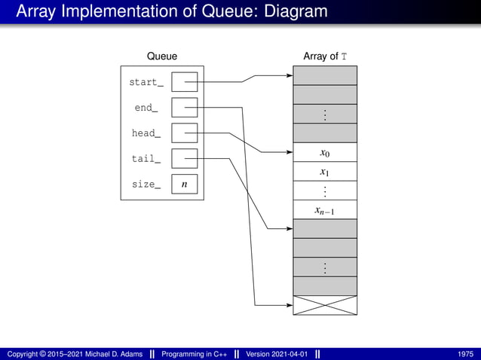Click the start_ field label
(146, 82)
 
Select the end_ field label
(146, 108)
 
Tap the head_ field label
(146, 133)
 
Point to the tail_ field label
(146, 159)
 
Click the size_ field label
(146, 185)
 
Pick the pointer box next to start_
(184, 82)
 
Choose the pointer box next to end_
(184, 108)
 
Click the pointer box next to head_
(184, 133)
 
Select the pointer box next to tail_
(184, 159)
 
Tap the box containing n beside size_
(184, 185)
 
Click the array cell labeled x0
(324, 153)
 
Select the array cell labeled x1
(324, 172)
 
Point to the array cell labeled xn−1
(324, 210)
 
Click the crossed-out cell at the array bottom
(324, 305)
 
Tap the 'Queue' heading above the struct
(162, 56)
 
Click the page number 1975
(465, 353)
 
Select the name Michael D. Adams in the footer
(107, 353)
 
